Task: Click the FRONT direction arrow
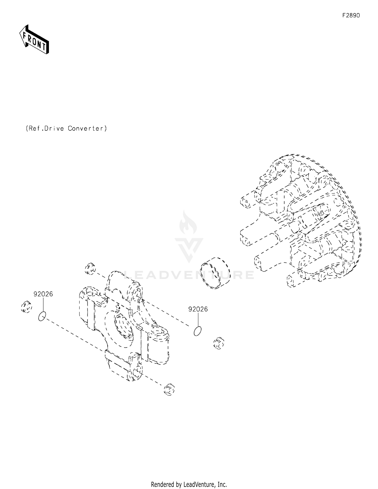click(x=34, y=40)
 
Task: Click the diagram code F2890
click(x=351, y=15)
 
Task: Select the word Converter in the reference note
click(x=87, y=128)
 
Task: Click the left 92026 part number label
click(x=43, y=294)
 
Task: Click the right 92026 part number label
click(x=198, y=309)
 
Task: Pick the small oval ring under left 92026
click(x=42, y=316)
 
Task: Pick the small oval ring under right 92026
click(x=198, y=331)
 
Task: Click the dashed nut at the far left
click(x=26, y=307)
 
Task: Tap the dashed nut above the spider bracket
click(x=90, y=268)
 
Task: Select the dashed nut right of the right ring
click(x=219, y=343)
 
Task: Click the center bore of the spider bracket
click(x=123, y=325)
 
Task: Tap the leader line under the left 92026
click(x=43, y=305)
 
